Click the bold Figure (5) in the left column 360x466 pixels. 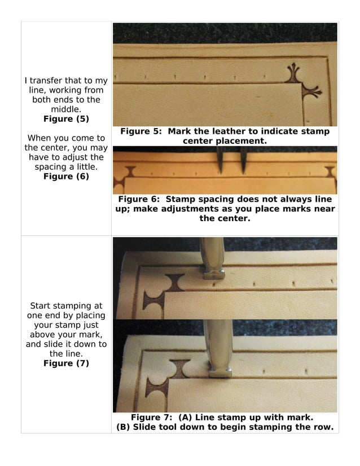tap(66, 119)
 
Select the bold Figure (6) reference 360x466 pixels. tap(66, 177)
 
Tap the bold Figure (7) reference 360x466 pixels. tap(66, 363)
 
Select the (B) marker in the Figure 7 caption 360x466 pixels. tap(123, 427)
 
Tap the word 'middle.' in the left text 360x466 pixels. tap(66, 109)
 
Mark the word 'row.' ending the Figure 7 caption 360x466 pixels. tap(322, 427)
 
